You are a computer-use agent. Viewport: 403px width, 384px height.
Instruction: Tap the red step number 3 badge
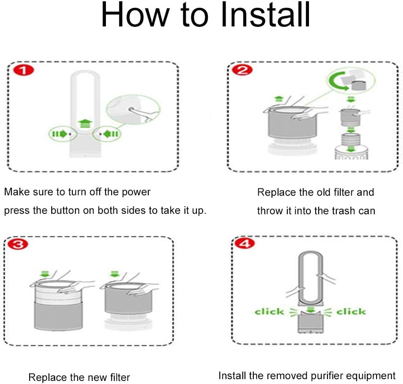pos(18,245)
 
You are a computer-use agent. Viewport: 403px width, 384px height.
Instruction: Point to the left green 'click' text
pos(269,312)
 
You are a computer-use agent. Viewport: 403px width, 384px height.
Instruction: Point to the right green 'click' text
pos(351,312)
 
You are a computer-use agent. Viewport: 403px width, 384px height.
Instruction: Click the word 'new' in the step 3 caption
pos(82,377)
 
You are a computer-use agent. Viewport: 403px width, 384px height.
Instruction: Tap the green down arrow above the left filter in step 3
pos(44,274)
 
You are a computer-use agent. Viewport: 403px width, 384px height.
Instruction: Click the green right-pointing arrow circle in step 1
pos(60,133)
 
